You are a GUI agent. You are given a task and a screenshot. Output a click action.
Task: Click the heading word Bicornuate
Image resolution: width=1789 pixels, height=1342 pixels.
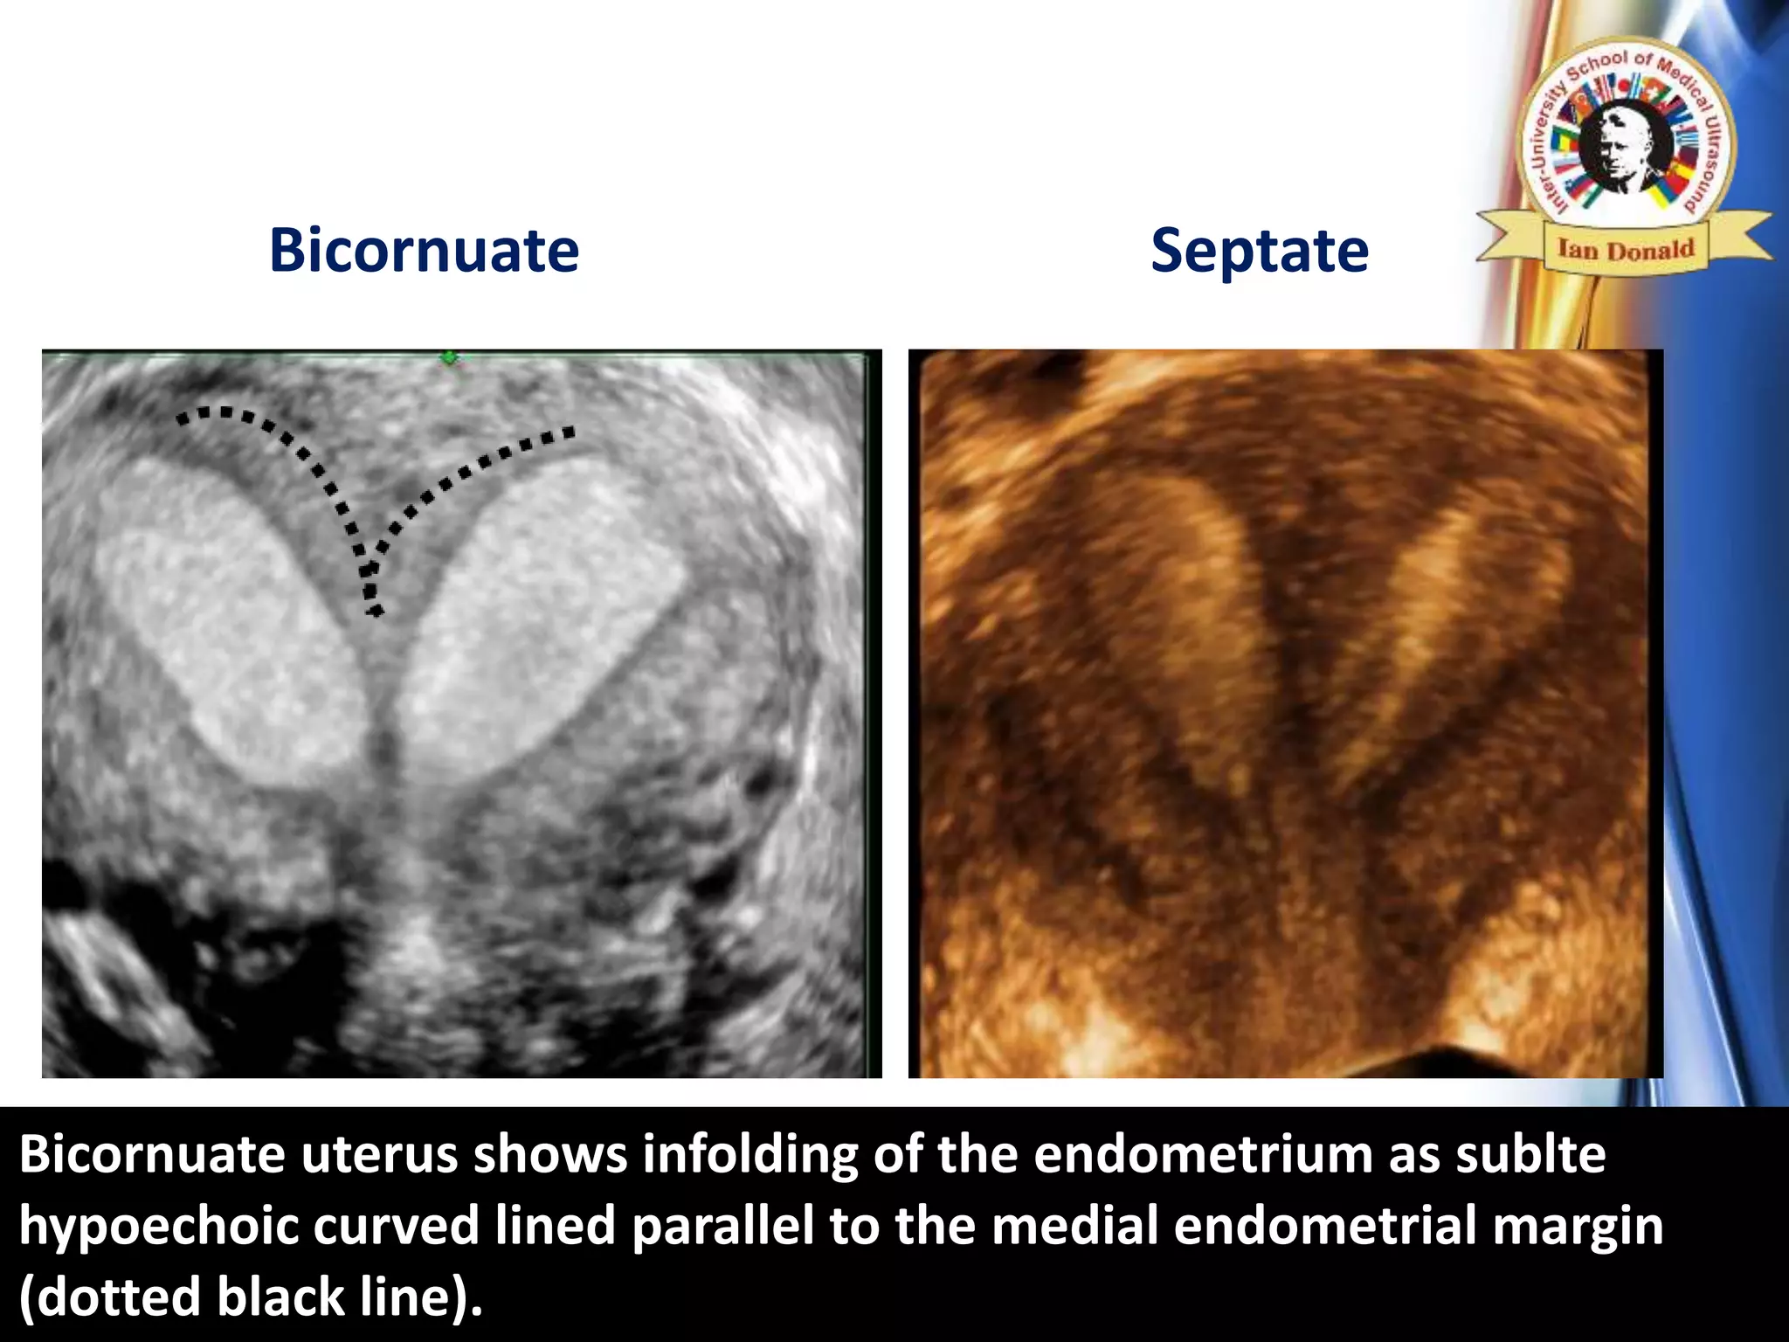tap(424, 252)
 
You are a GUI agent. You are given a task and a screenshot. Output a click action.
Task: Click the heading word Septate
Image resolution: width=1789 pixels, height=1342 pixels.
tap(1259, 252)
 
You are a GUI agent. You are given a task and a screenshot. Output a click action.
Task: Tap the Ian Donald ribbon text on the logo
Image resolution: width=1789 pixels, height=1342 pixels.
tap(1626, 250)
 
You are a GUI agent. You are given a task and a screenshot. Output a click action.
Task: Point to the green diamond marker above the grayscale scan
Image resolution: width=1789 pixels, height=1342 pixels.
tap(450, 357)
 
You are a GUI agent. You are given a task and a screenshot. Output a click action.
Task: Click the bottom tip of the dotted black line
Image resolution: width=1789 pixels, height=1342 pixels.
tap(376, 612)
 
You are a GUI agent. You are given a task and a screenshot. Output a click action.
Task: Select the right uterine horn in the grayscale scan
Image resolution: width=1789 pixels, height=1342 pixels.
tap(542, 612)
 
